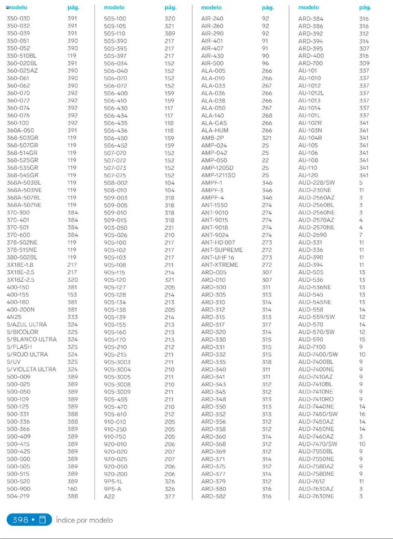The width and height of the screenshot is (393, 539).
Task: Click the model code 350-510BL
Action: tap(21, 56)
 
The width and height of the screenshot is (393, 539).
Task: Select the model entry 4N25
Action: tap(14, 317)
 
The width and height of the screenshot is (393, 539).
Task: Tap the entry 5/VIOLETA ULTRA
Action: tap(31, 369)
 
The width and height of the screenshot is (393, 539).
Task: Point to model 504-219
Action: tap(18, 496)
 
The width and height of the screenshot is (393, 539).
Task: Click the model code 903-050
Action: tap(115, 228)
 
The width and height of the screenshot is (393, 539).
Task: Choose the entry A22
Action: tap(109, 496)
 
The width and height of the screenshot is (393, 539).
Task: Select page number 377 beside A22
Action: tap(169, 496)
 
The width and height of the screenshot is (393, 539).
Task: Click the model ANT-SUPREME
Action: tap(222, 250)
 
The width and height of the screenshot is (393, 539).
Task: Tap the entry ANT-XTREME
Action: tap(220, 265)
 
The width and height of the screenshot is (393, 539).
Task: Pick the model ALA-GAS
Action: tap(214, 123)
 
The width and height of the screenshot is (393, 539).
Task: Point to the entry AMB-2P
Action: tap(212, 138)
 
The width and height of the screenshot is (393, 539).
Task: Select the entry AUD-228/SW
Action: tap(316, 183)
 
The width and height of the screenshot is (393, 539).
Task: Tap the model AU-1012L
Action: tap(311, 93)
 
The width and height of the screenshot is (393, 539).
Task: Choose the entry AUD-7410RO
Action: tap(316, 399)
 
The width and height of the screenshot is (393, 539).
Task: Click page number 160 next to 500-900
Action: tap(72, 489)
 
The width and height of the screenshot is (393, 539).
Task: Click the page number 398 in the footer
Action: tap(20, 520)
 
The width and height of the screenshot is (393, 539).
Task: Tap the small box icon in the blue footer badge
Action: tap(43, 519)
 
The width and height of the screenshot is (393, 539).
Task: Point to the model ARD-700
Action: tap(310, 63)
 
